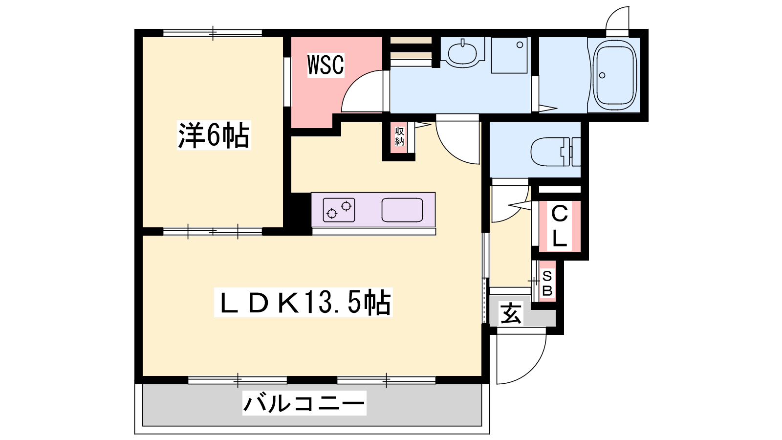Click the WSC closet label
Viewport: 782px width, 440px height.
pyautogui.click(x=326, y=65)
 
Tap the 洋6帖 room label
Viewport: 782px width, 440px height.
pyautogui.click(x=214, y=135)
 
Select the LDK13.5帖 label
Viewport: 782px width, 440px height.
pyautogui.click(x=303, y=303)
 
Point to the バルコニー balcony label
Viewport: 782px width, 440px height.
pyautogui.click(x=304, y=403)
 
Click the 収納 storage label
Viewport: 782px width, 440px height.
pyautogui.click(x=399, y=136)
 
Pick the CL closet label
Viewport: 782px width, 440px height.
pyautogui.click(x=559, y=226)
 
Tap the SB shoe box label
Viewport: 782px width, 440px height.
pyautogui.click(x=547, y=283)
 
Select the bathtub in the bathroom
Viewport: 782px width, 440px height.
pyautogui.click(x=614, y=75)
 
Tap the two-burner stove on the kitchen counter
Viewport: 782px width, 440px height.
pyautogui.click(x=339, y=210)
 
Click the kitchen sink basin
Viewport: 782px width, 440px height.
pyautogui.click(x=402, y=210)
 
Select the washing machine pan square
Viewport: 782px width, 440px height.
pyautogui.click(x=509, y=55)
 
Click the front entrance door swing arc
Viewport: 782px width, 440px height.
pyautogui.click(x=531, y=367)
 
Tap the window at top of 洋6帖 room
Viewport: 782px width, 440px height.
pyautogui.click(x=213, y=33)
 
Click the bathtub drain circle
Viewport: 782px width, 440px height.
pyautogui.click(x=602, y=75)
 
